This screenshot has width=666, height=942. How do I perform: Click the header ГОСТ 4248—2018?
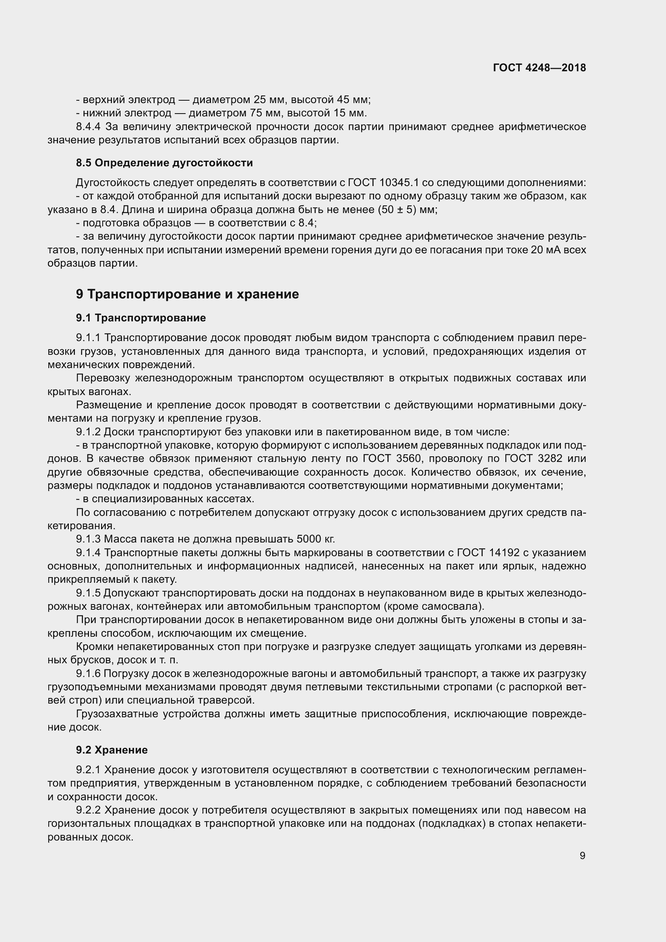pyautogui.click(x=539, y=68)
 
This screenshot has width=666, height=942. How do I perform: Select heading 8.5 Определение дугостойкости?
pyautogui.click(x=164, y=163)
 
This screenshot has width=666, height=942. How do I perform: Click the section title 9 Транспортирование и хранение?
pyautogui.click(x=187, y=294)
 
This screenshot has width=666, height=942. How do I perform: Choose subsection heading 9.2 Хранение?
pyautogui.click(x=112, y=749)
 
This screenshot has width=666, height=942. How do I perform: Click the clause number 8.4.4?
pyautogui.click(x=88, y=126)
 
